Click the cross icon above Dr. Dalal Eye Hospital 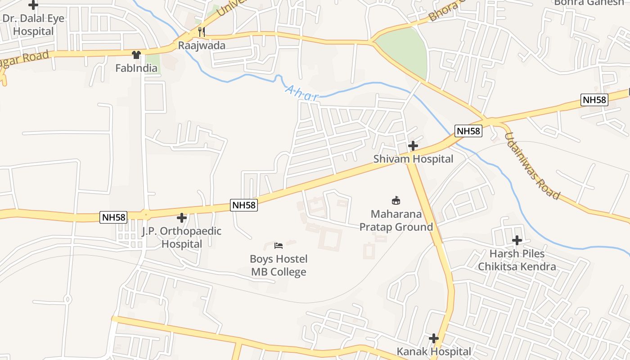point(33,5)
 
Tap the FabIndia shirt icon point(136,55)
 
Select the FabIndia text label point(136,68)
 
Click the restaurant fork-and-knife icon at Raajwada point(201,31)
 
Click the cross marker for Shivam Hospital point(413,146)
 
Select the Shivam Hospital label point(413,159)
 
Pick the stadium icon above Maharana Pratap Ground point(396,200)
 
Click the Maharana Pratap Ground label point(396,220)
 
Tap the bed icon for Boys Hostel point(279,246)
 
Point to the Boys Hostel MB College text point(279,265)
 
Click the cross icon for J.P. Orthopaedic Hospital point(182,218)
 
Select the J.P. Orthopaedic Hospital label point(182,238)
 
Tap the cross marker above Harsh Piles point(517,240)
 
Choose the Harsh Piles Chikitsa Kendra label point(517,260)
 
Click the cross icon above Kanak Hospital point(434,338)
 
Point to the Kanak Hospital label point(434,351)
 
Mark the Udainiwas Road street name point(532,166)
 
